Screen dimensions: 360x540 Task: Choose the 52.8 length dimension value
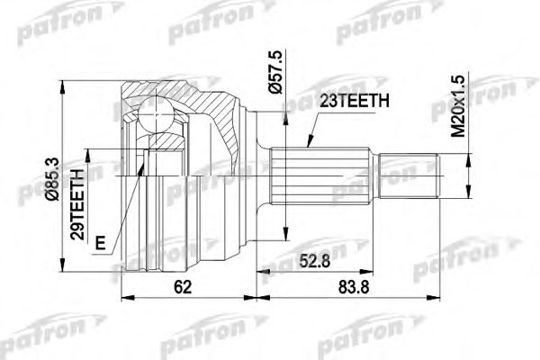point(311,262)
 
